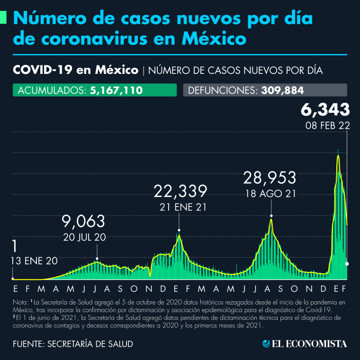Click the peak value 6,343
tap(325, 110)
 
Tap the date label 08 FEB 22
tap(327, 126)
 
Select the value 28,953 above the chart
tap(270, 178)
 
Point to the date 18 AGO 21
tap(270, 193)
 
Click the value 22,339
tap(180, 191)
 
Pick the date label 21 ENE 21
tap(180, 207)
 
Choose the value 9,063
tap(84, 221)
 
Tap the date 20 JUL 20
tap(84, 237)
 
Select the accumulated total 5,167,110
tap(116, 90)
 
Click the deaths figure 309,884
tap(282, 90)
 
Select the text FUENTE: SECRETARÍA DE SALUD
tap(73, 344)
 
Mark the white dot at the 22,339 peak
tap(179, 230)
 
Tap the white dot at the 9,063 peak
tap(97, 259)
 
